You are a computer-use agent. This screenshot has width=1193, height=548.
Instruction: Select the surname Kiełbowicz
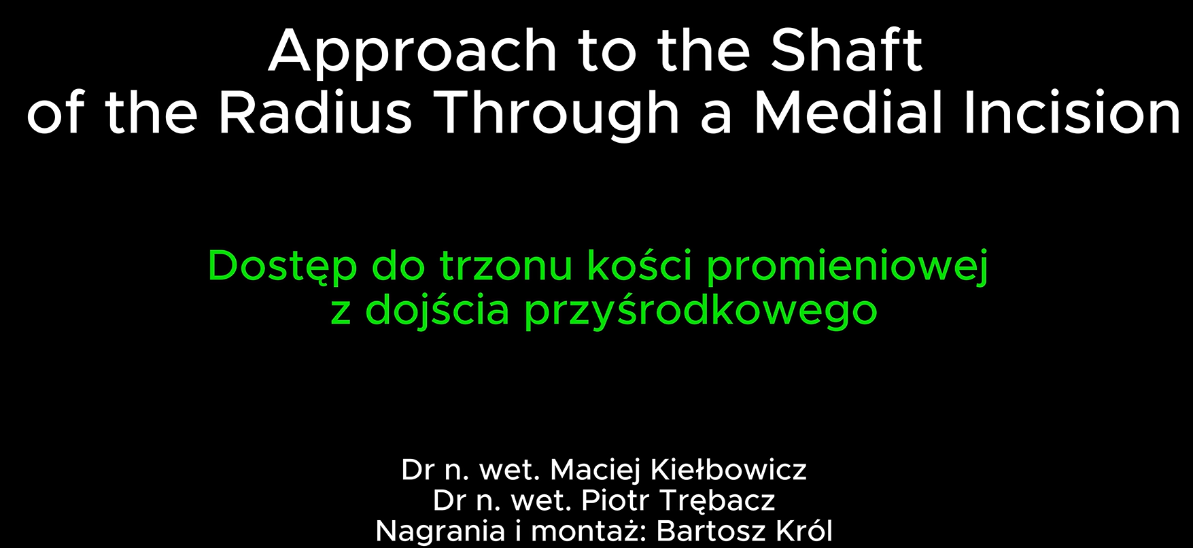[x=729, y=470]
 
